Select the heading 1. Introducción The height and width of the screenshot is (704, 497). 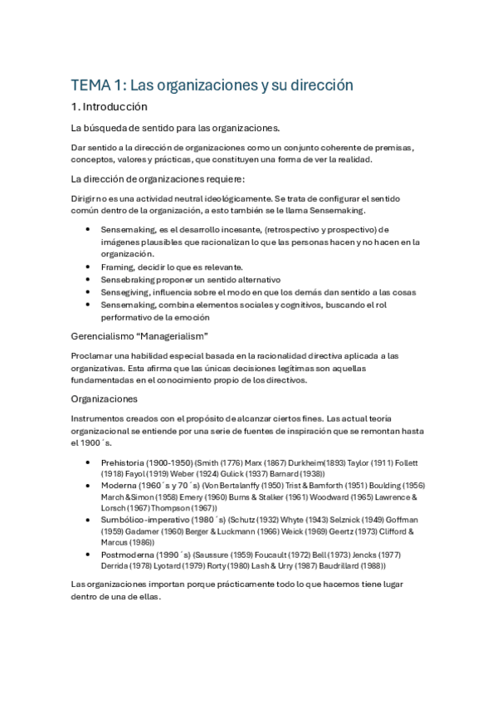[x=109, y=107]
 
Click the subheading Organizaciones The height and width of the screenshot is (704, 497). [x=105, y=398]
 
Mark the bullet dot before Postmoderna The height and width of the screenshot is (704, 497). [x=89, y=554]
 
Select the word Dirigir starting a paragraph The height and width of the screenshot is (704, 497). [x=88, y=198]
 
